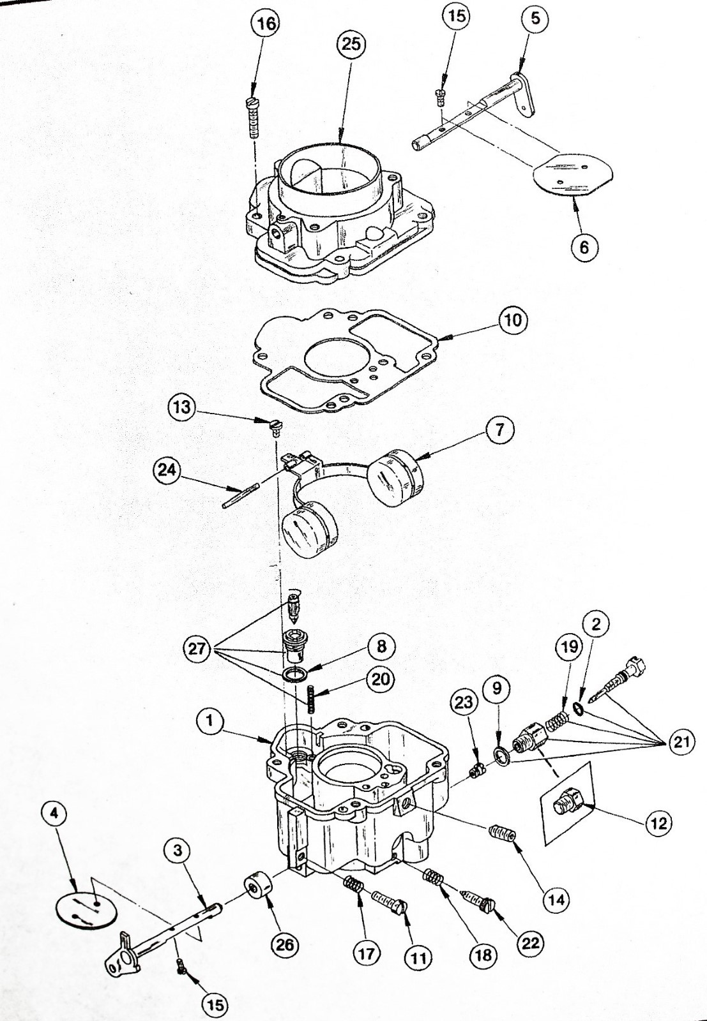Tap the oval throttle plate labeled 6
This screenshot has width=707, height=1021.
[572, 173]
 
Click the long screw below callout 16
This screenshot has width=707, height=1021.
[253, 119]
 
